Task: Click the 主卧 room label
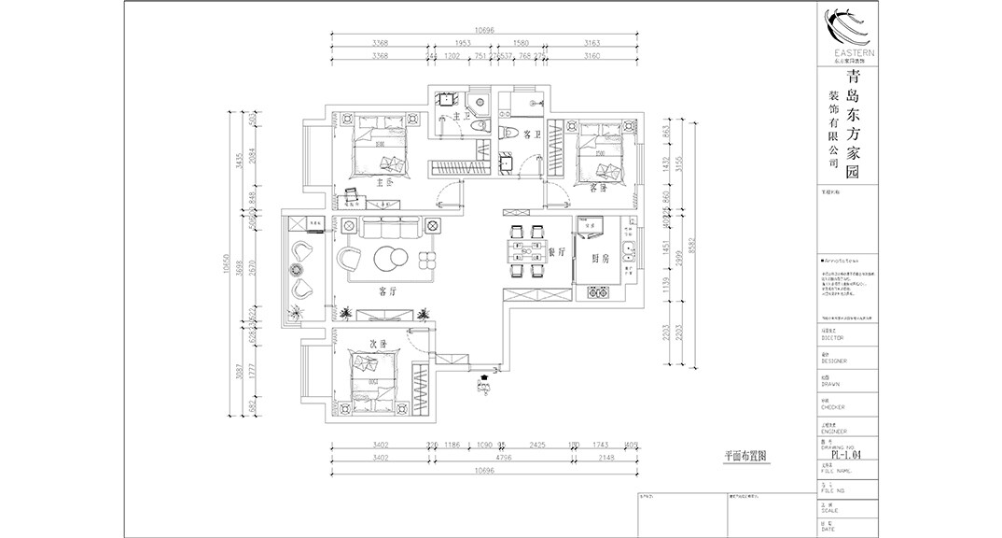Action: pos(382,183)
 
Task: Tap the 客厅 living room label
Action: pos(388,290)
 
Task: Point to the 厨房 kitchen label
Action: pos(600,258)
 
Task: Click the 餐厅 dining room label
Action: pos(556,251)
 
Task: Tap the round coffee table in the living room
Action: pos(390,258)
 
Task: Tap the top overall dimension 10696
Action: pos(483,31)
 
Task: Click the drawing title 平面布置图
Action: pos(745,458)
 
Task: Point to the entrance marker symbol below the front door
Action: pos(483,383)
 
